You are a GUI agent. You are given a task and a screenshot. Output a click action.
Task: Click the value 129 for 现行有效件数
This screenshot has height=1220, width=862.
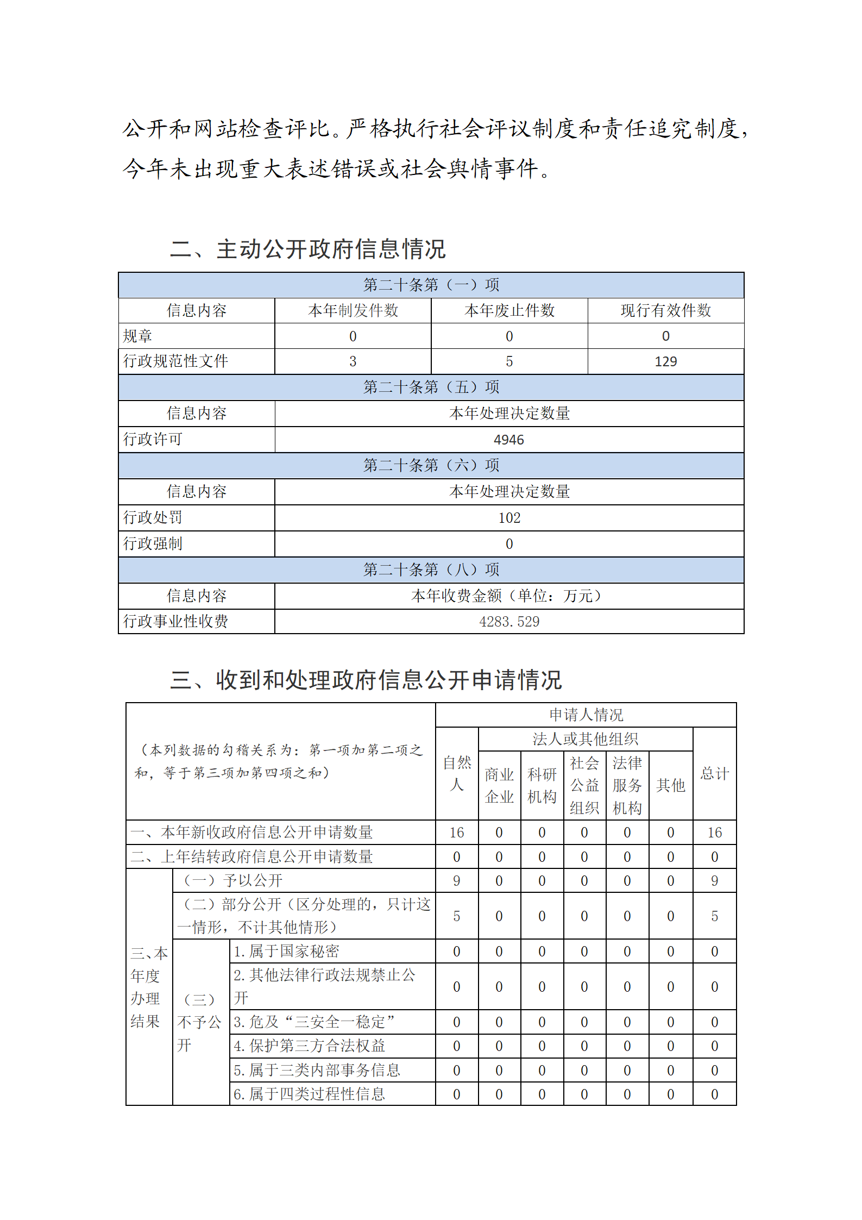pyautogui.click(x=665, y=362)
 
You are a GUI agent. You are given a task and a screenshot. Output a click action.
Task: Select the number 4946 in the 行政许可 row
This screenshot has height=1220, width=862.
pyautogui.click(x=509, y=440)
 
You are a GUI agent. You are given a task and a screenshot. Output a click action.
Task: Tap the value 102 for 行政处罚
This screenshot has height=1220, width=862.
pyautogui.click(x=509, y=518)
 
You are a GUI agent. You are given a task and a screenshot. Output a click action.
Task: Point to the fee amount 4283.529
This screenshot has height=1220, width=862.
pyautogui.click(x=509, y=622)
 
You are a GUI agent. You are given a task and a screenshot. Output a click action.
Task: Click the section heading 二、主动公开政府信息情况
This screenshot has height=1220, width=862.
pyautogui.click(x=308, y=249)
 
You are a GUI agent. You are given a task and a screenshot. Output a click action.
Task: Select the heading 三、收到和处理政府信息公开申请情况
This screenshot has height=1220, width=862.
pyautogui.click(x=366, y=680)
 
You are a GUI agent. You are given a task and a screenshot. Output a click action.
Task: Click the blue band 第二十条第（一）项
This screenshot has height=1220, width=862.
pyautogui.click(x=431, y=285)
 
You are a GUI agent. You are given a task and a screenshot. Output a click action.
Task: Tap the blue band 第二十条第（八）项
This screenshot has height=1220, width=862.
pyautogui.click(x=431, y=570)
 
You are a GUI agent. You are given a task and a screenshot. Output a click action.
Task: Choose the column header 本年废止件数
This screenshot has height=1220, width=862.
pyautogui.click(x=509, y=310)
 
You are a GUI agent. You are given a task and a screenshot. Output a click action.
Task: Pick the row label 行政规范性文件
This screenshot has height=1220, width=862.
pyautogui.click(x=175, y=361)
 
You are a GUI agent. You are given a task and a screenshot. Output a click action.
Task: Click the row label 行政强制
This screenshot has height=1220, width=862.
pyautogui.click(x=153, y=543)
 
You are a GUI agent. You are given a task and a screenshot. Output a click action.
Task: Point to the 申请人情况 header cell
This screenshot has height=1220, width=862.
pyautogui.click(x=586, y=715)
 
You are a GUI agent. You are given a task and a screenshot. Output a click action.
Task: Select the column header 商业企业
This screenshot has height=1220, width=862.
pyautogui.click(x=499, y=785)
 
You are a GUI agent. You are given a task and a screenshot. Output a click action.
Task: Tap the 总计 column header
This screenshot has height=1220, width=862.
pyautogui.click(x=714, y=773)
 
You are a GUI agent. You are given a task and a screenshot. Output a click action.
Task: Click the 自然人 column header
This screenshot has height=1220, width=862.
pyautogui.click(x=457, y=773)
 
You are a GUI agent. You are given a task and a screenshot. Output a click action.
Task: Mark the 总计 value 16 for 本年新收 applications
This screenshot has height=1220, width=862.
pyautogui.click(x=714, y=833)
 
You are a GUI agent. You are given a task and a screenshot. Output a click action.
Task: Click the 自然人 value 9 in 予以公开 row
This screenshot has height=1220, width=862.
pyautogui.click(x=457, y=880)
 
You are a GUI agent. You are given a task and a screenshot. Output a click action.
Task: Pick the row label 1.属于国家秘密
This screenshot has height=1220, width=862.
pyautogui.click(x=286, y=951)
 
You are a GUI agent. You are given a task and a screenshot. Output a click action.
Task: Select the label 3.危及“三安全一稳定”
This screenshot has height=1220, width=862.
pyautogui.click(x=314, y=1022)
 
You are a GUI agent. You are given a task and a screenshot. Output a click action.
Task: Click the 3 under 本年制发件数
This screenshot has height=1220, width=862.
pyautogui.click(x=353, y=362)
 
